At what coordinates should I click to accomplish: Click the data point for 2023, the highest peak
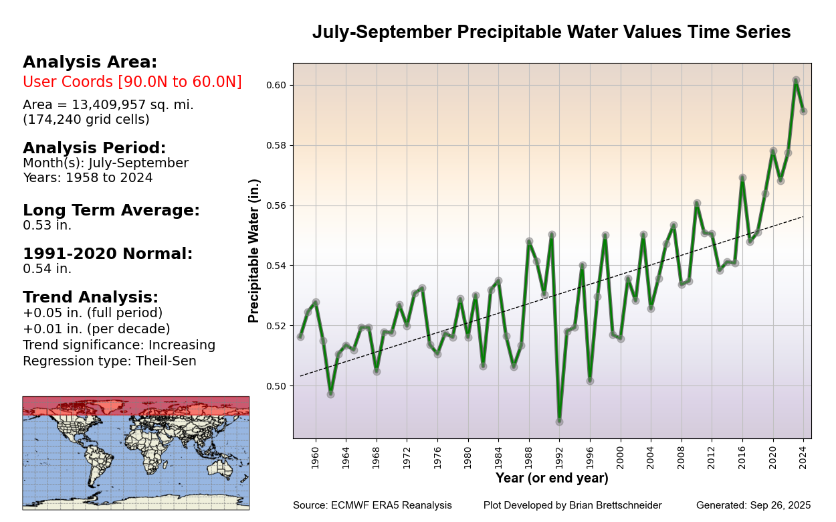pyautogui.click(x=796, y=80)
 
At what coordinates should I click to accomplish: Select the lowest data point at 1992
pyautogui.click(x=559, y=422)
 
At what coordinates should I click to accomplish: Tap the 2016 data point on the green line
pyautogui.click(x=742, y=178)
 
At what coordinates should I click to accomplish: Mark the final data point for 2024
pyautogui.click(x=803, y=111)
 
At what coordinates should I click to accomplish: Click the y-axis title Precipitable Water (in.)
pyautogui.click(x=254, y=250)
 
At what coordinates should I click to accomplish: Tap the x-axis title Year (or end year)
pyautogui.click(x=552, y=478)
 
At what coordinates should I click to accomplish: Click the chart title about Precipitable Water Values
pyautogui.click(x=551, y=32)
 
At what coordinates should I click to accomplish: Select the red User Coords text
pyautogui.click(x=132, y=82)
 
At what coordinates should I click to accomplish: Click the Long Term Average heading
pyautogui.click(x=111, y=210)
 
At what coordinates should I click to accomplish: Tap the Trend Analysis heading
pyautogui.click(x=90, y=297)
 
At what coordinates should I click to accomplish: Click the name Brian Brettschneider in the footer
pyautogui.click(x=610, y=505)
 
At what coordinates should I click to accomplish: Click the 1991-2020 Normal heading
pyautogui.click(x=108, y=254)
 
